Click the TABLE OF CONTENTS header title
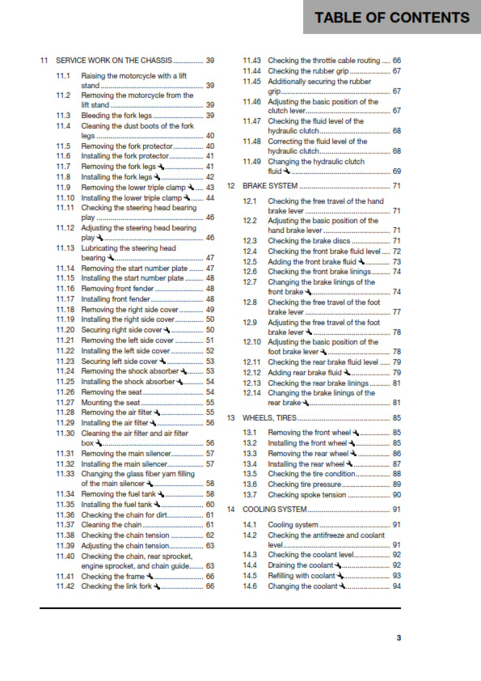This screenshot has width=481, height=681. pos(391,18)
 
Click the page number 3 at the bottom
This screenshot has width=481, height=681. pos(398,638)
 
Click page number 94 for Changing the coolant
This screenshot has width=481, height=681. pos(396,586)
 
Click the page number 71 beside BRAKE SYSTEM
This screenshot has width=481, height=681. pos(396,186)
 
